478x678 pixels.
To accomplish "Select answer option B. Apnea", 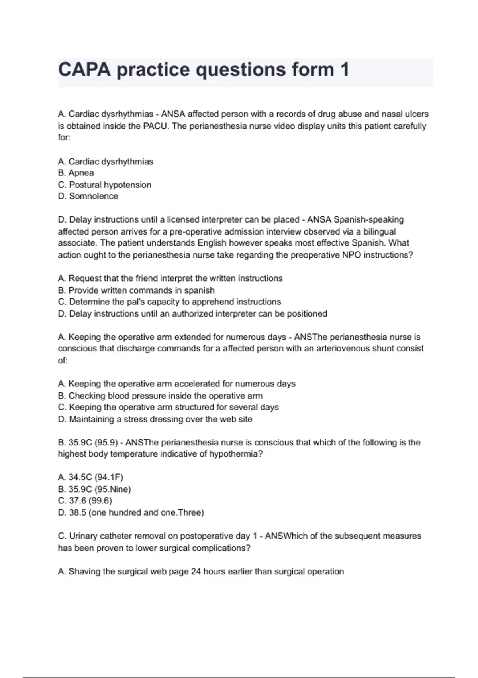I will pos(76,173).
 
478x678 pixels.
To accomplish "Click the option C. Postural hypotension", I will pos(104,185).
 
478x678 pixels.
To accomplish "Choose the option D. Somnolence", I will pos(88,196).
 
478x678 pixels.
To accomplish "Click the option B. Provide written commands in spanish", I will pos(136,290).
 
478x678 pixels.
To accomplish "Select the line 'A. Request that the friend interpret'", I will pos(170,278).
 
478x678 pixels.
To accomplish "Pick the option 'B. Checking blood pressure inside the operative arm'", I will pos(160,396).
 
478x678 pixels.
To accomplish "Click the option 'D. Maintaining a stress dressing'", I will pos(155,419).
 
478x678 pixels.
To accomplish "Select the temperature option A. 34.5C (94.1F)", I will pos(90,477).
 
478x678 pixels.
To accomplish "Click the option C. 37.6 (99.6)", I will pos(84,501).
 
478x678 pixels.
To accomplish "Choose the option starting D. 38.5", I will pos(131,512).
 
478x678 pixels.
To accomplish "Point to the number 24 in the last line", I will pos(196,572).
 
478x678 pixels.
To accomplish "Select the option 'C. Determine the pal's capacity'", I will pos(169,302).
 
